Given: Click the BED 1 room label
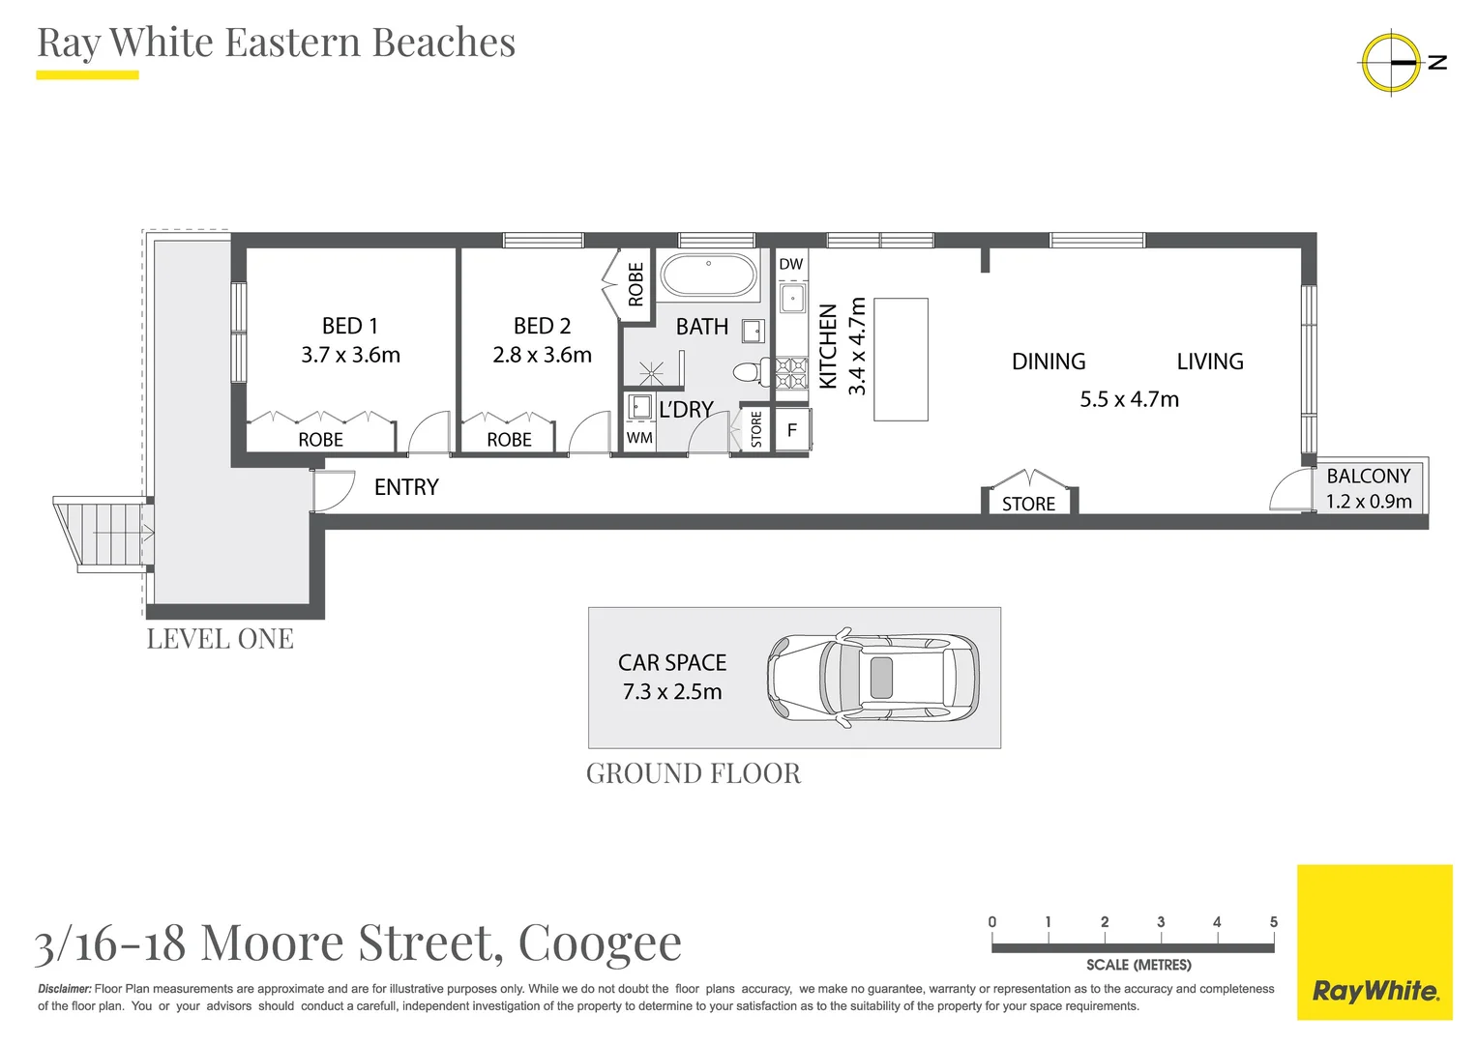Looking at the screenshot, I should [x=349, y=326].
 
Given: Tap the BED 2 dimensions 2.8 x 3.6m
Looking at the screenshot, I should [x=542, y=355].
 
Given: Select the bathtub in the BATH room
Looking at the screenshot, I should [x=708, y=275].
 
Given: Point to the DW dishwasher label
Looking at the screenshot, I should [x=790, y=264].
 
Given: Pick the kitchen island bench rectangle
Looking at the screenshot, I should [x=901, y=360].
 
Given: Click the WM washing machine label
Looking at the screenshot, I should [x=639, y=438].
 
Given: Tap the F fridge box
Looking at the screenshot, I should [x=792, y=431].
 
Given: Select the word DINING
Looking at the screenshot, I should [x=1049, y=362].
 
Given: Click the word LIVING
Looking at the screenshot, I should [x=1209, y=362].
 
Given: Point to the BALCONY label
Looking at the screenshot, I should [x=1368, y=477].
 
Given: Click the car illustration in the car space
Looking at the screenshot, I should [x=872, y=678].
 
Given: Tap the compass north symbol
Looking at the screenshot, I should [x=1392, y=63].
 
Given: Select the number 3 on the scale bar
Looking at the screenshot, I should [x=1160, y=922].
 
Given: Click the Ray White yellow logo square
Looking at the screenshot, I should [x=1374, y=942].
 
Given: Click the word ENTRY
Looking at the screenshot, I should [x=406, y=487].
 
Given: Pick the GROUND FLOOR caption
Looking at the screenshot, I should [x=694, y=773].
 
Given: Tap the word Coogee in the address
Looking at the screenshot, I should [x=600, y=942].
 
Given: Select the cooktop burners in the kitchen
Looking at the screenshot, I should [x=791, y=374].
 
